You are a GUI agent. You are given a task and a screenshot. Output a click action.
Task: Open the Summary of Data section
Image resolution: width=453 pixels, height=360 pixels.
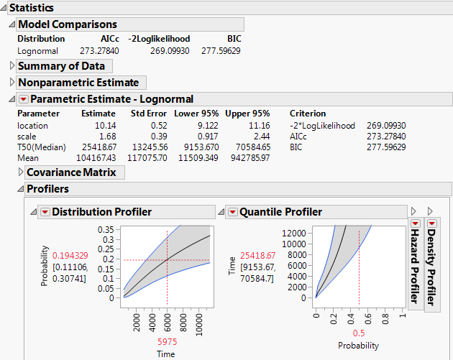(x=61, y=66)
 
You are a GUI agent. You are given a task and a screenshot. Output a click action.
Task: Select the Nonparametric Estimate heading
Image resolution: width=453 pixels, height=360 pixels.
(x=78, y=83)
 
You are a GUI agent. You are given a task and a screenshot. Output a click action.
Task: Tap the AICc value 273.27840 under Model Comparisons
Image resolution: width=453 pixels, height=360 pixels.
(x=99, y=51)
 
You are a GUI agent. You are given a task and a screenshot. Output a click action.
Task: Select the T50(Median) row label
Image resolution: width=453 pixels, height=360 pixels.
(x=42, y=147)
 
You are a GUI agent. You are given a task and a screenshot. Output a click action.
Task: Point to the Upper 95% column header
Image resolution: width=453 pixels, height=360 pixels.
(x=247, y=114)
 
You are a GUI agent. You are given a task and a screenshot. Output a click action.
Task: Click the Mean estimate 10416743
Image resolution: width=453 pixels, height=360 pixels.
(x=99, y=158)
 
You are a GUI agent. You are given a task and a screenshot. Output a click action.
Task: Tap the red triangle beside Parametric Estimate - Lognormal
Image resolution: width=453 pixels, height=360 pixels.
(x=23, y=99)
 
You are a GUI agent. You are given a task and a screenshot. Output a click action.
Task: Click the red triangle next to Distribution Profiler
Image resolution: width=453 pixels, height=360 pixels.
(x=45, y=212)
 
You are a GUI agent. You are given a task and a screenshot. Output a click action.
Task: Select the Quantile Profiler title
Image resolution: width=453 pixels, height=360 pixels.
(x=280, y=212)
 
